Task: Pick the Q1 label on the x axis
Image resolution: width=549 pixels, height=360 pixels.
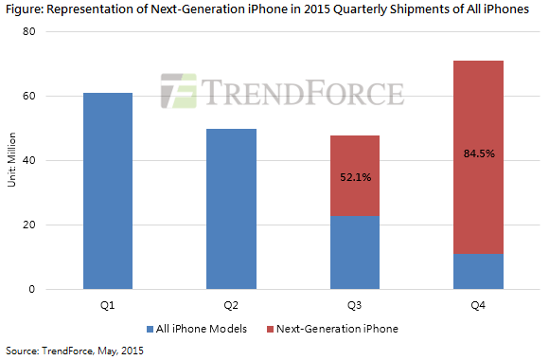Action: (107, 305)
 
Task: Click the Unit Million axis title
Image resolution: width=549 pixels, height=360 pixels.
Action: (12, 161)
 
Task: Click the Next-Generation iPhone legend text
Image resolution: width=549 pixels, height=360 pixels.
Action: (345, 328)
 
